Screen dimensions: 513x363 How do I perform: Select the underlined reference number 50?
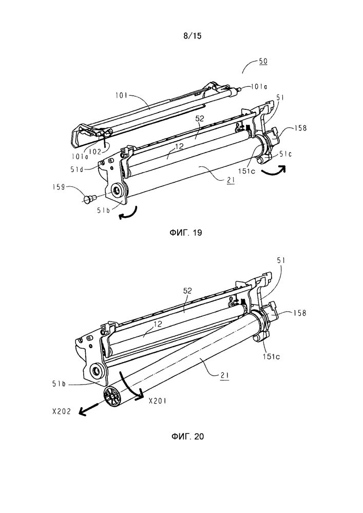[x=262, y=61]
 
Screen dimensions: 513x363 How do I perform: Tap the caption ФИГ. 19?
[x=182, y=233]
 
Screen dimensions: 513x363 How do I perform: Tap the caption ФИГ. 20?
[x=182, y=436]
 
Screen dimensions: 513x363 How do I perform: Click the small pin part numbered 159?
[x=89, y=197]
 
